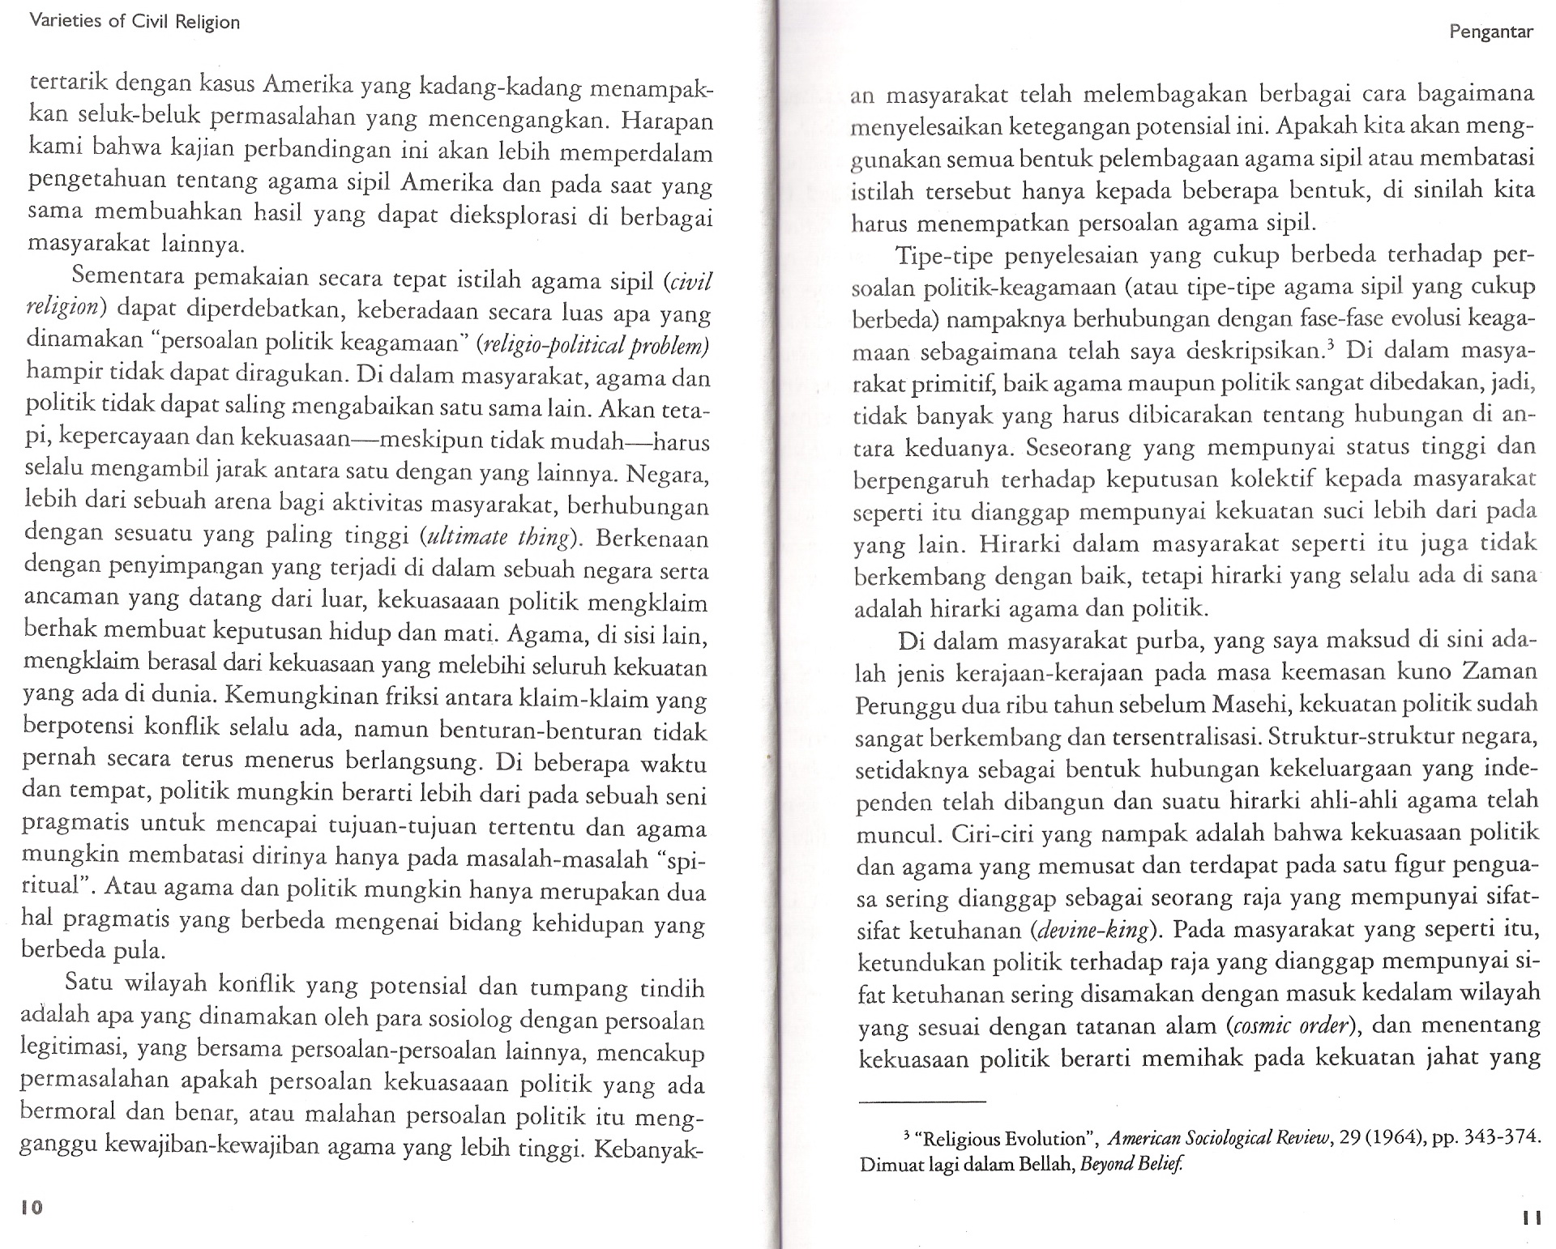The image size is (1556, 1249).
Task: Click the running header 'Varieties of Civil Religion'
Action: [134, 22]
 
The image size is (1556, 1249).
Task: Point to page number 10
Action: [32, 1207]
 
